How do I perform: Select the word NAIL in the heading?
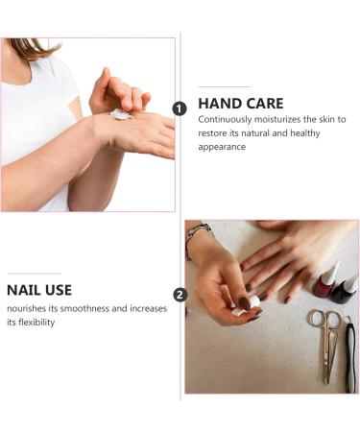(26, 290)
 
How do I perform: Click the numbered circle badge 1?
(180, 108)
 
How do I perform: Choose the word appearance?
(223, 148)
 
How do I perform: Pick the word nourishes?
(29, 308)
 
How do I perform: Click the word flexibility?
(48, 323)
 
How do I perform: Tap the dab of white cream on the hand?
(120, 114)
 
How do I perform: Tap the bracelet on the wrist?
(197, 233)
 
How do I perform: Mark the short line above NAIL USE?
(34, 274)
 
